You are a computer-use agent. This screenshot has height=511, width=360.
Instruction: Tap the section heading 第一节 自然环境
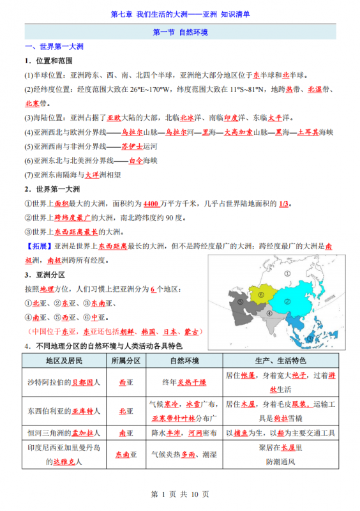coord(180,32)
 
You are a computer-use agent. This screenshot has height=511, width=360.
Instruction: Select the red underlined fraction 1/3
coord(284,203)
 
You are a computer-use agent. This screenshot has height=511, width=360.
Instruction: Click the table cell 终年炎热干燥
coord(184,382)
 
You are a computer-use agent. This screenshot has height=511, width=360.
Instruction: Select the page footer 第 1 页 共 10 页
coord(179,495)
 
